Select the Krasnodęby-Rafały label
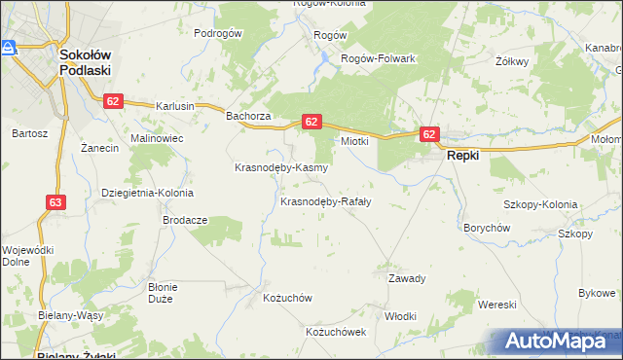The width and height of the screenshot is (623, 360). pyautogui.click(x=325, y=202)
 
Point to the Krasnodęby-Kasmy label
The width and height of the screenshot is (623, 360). pyautogui.click(x=281, y=167)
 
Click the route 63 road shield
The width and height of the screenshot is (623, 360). pyautogui.click(x=55, y=202)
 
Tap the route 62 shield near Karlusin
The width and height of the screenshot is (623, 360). pyautogui.click(x=115, y=101)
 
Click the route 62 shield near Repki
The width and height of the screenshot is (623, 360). pyautogui.click(x=429, y=133)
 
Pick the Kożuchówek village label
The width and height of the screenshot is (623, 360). pyautogui.click(x=335, y=332)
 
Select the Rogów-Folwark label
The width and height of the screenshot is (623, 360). pyautogui.click(x=378, y=58)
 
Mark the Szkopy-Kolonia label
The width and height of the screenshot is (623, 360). pyautogui.click(x=540, y=205)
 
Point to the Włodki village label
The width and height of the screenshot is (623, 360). pyautogui.click(x=400, y=316)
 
